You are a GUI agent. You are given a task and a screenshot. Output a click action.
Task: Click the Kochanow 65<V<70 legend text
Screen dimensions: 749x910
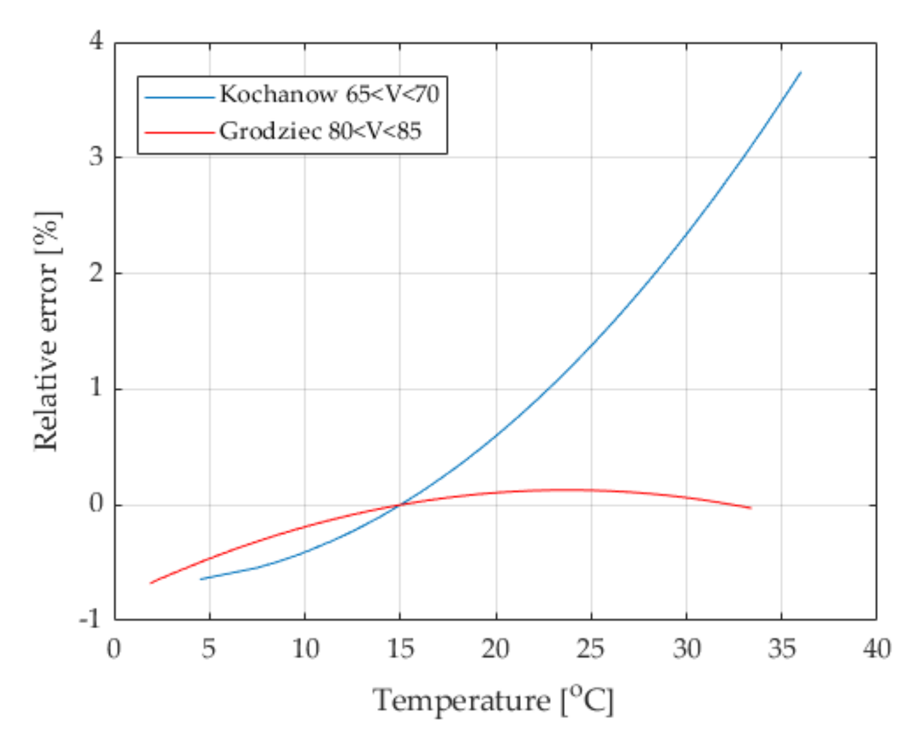(329, 94)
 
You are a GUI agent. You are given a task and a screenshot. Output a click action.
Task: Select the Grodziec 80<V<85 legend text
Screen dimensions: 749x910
(320, 132)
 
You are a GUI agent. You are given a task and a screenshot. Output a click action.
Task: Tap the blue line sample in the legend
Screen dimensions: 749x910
(179, 97)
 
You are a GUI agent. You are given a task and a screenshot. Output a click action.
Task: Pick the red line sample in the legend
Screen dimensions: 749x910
(179, 133)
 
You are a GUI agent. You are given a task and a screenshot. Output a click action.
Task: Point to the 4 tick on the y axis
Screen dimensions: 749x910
(96, 41)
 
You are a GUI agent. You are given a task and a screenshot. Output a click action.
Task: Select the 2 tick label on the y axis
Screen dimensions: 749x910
(96, 273)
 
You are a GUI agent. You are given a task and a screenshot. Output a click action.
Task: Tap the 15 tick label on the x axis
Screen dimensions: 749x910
(399, 649)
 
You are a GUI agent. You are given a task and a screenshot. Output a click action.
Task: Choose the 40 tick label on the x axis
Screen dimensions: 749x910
(876, 649)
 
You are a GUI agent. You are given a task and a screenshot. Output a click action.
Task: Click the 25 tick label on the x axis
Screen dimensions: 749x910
(591, 649)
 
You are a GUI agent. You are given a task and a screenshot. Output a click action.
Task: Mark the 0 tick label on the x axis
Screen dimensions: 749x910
(114, 649)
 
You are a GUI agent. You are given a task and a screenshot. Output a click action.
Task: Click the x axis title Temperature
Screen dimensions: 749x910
(492, 700)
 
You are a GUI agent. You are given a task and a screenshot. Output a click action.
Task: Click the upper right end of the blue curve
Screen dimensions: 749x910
(800, 73)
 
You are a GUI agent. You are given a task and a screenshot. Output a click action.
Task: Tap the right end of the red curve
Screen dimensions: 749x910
(750, 508)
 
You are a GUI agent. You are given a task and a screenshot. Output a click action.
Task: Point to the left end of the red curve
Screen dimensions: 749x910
(151, 583)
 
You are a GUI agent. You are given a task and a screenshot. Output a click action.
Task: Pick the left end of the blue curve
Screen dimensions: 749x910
(200, 579)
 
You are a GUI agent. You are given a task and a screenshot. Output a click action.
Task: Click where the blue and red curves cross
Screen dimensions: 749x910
(399, 505)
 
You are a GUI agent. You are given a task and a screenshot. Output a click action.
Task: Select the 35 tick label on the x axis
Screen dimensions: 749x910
(781, 649)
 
